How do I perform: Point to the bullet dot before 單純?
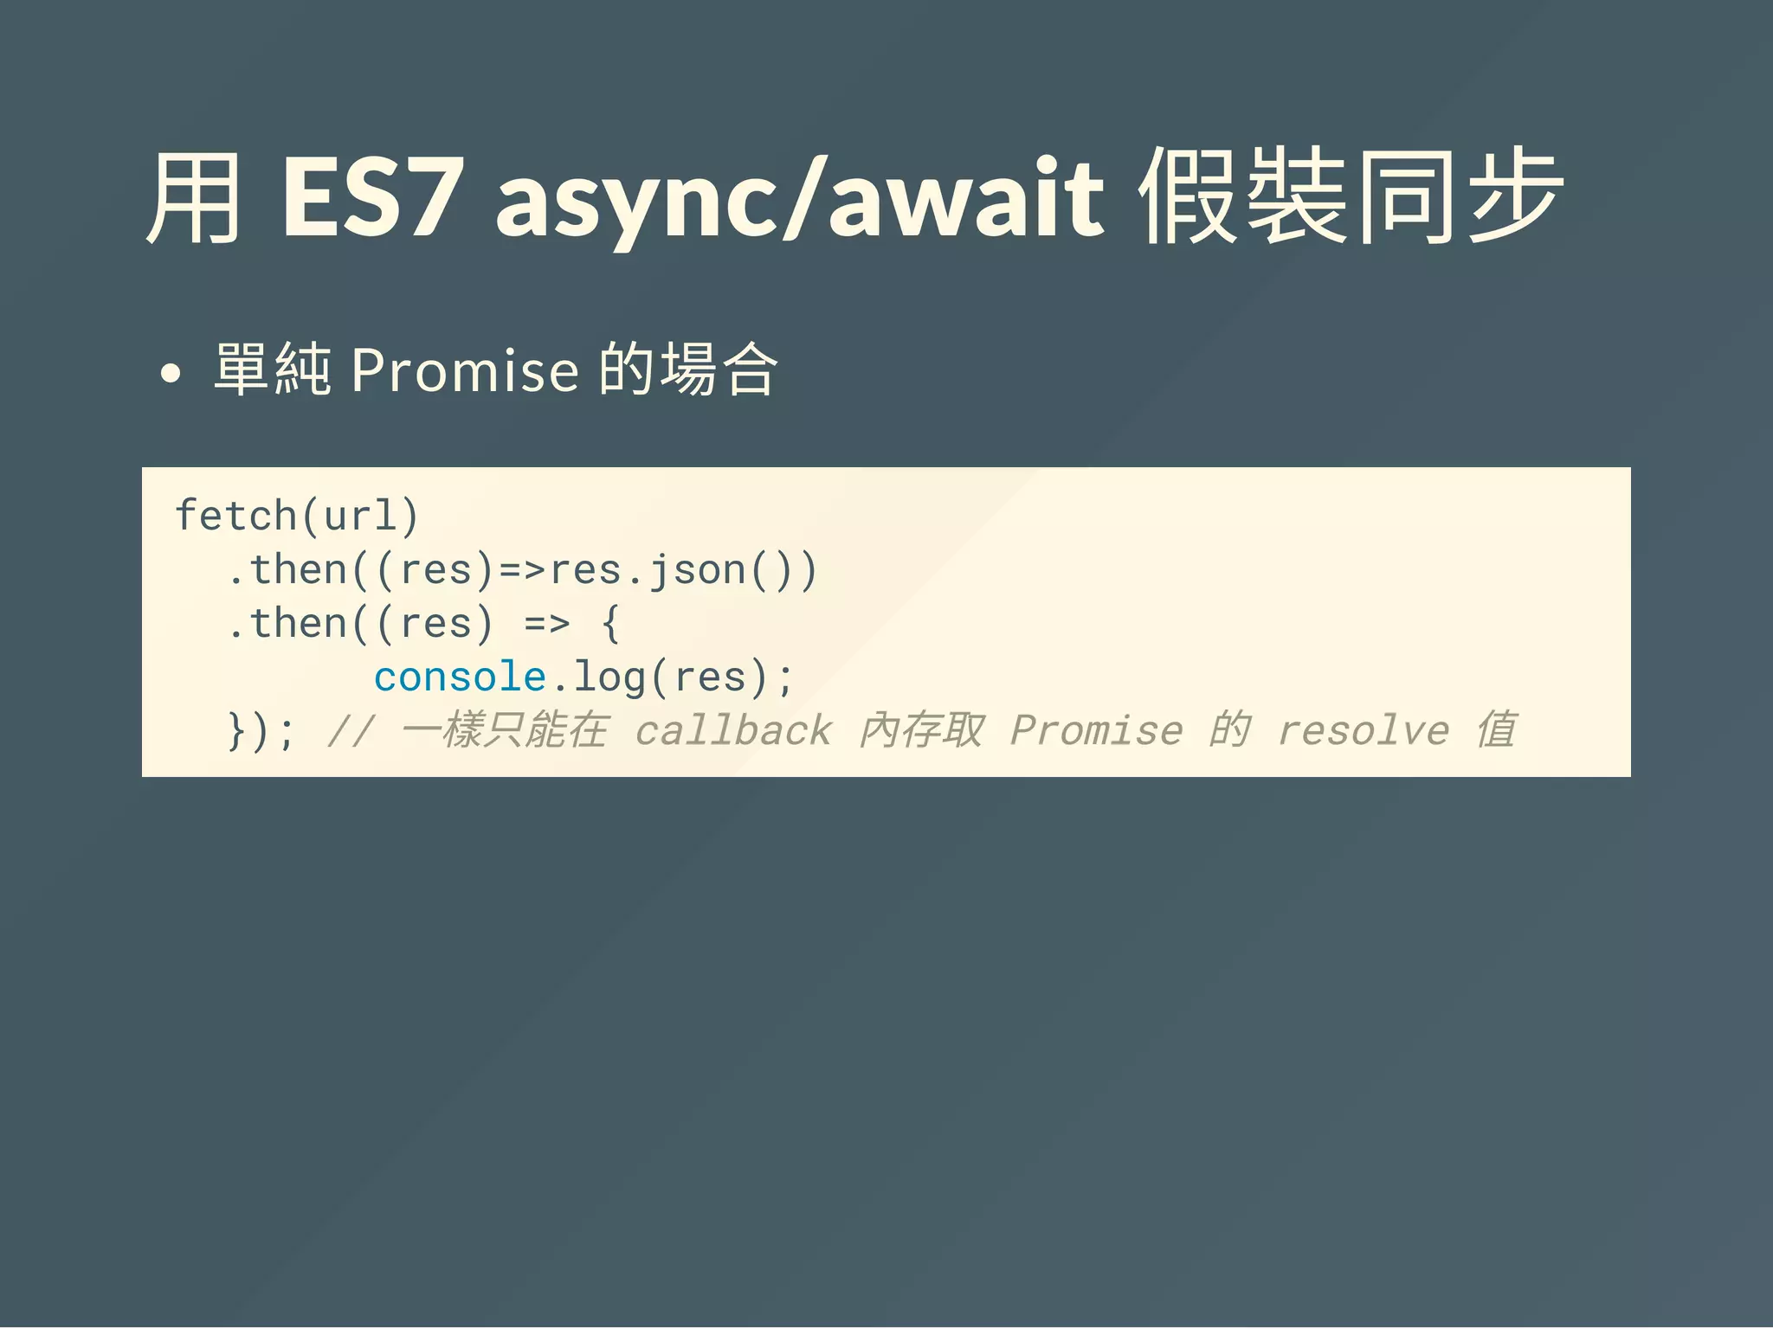point(171,374)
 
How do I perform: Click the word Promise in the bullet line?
point(464,370)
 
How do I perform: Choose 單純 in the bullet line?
point(272,370)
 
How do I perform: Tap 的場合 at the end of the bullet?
point(689,370)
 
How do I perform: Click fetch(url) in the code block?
point(297,516)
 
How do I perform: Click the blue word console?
point(460,677)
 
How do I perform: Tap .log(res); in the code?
point(672,677)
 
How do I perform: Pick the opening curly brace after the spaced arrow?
point(611,624)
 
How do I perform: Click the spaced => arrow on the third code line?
point(547,624)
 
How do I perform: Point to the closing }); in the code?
point(261,732)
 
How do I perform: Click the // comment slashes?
point(351,731)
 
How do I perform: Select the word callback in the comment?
point(733,731)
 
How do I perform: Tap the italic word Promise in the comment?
point(1096,731)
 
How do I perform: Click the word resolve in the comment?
point(1364,731)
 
